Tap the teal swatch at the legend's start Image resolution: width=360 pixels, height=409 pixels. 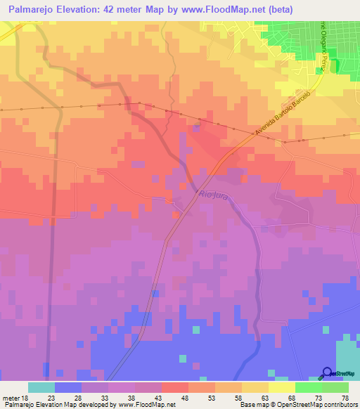[x=41, y=387]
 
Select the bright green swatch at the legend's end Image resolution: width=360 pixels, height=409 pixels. [x=335, y=387]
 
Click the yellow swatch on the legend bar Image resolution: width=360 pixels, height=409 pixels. [x=281, y=387]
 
